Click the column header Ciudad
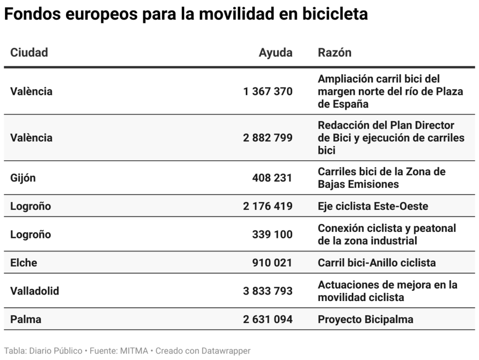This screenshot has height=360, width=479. point(29,52)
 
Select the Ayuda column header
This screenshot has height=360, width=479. point(275,52)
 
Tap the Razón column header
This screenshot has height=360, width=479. point(335,52)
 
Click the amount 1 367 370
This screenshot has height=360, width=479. point(268,91)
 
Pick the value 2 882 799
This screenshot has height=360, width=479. point(268,138)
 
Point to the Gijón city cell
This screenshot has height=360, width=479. point(23,178)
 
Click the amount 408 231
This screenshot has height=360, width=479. point(272,178)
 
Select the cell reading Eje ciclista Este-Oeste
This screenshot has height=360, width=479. point(373,206)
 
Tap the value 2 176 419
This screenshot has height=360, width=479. point(268,206)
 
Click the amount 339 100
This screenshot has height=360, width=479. point(272,234)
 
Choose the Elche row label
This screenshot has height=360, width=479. point(23,263)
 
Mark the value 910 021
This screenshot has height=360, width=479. point(272,263)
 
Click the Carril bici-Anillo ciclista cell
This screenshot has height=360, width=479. point(377,263)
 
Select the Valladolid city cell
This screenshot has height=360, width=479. point(35,291)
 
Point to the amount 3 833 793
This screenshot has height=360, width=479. point(268,291)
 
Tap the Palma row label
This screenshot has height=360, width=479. point(26,319)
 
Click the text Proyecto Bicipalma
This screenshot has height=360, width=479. point(365,319)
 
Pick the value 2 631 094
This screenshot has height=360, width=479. point(268,319)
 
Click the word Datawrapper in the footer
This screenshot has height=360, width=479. point(226,351)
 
